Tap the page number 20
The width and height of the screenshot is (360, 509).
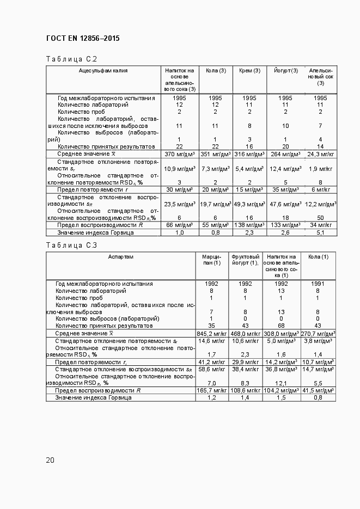(x=50, y=460)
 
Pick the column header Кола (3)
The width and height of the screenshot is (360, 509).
(x=215, y=71)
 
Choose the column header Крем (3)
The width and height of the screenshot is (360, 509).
(x=249, y=71)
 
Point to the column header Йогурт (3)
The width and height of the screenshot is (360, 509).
(x=285, y=71)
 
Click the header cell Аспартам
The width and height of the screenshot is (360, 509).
(x=120, y=256)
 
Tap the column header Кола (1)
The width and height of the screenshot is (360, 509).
(x=318, y=256)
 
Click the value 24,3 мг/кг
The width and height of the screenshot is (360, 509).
(x=320, y=154)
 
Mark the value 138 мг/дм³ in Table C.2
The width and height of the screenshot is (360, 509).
(x=249, y=225)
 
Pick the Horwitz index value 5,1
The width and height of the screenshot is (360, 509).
(x=320, y=232)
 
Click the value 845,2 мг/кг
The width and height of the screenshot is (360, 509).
(x=211, y=333)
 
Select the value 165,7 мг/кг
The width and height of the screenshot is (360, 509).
(x=211, y=390)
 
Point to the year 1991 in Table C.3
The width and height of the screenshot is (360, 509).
(x=318, y=284)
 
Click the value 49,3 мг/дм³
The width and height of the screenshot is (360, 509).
(x=249, y=204)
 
